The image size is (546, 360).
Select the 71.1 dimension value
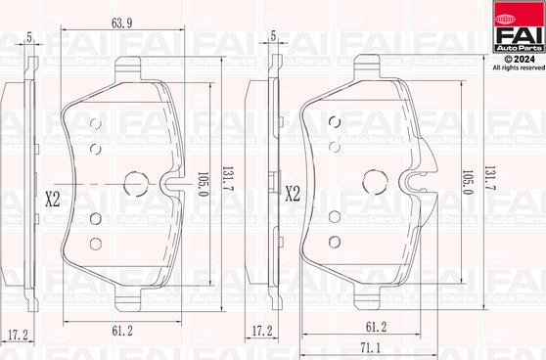pos(370,347)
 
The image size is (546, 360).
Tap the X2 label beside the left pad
pos(53,198)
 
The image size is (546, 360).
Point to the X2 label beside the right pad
pos(292,195)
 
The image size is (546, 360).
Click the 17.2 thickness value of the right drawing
pos(261,332)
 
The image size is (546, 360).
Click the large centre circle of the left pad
pos(138,183)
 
